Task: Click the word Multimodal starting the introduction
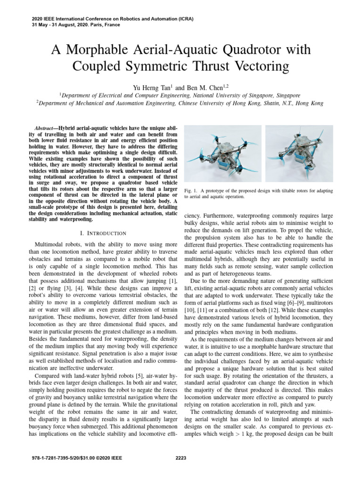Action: [50, 245]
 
